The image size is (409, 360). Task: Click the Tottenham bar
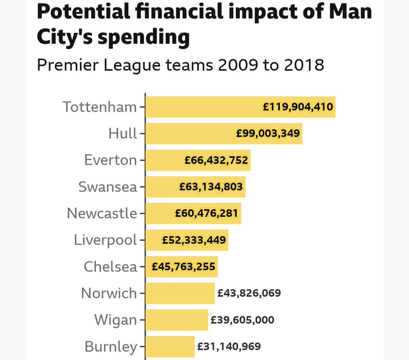(240, 107)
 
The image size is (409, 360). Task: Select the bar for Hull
(224, 134)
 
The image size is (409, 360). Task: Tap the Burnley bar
(170, 347)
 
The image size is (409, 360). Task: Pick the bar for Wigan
(177, 320)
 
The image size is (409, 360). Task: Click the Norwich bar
(180, 293)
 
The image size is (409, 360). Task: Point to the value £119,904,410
(298, 107)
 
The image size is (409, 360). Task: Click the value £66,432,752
(216, 160)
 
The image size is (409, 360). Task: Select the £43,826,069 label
(249, 293)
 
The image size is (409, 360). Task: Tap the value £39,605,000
(242, 320)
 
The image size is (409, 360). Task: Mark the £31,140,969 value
(229, 347)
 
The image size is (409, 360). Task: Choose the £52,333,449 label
(194, 240)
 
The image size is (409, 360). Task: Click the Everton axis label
(110, 160)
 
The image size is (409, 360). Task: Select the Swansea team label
(108, 187)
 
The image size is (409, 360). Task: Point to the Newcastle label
(102, 213)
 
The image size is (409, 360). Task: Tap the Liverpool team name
(105, 241)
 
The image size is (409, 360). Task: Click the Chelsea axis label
(110, 266)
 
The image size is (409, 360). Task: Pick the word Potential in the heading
(84, 12)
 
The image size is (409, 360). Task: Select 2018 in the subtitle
(304, 65)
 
